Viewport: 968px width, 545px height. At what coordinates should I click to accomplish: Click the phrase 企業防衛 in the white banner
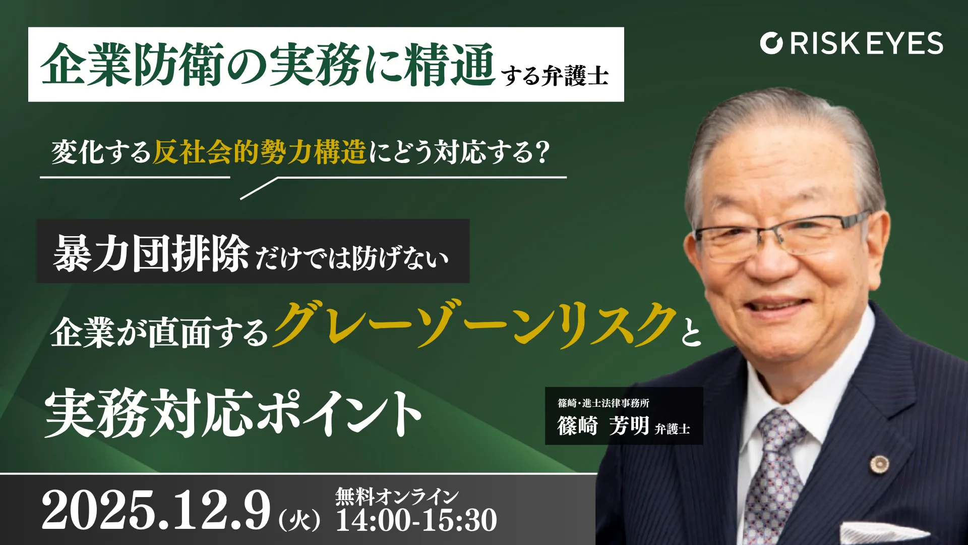[x=132, y=65]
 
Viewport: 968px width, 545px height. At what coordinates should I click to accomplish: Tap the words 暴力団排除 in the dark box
[x=151, y=253]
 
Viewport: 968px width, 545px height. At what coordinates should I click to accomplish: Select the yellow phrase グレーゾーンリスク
[x=474, y=325]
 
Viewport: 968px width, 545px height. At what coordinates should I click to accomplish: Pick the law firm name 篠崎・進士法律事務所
[x=603, y=403]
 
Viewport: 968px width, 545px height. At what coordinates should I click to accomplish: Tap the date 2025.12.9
[x=156, y=511]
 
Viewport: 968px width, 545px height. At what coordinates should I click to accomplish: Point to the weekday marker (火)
[x=299, y=520]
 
